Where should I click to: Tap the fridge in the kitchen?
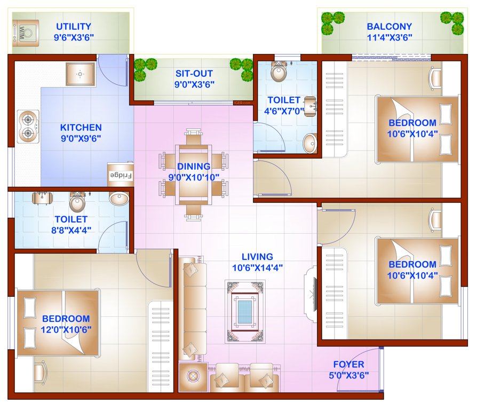[121, 175]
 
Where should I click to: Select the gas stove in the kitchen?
[27, 127]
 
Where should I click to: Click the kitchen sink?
[81, 73]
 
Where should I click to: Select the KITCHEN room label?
[81, 128]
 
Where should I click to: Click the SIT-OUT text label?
[194, 74]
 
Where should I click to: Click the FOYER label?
[348, 365]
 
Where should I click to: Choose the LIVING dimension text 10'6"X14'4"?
[257, 267]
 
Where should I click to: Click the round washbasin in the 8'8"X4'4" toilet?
[118, 199]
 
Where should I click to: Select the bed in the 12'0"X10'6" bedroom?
[58, 324]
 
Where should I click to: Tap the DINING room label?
[194, 166]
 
